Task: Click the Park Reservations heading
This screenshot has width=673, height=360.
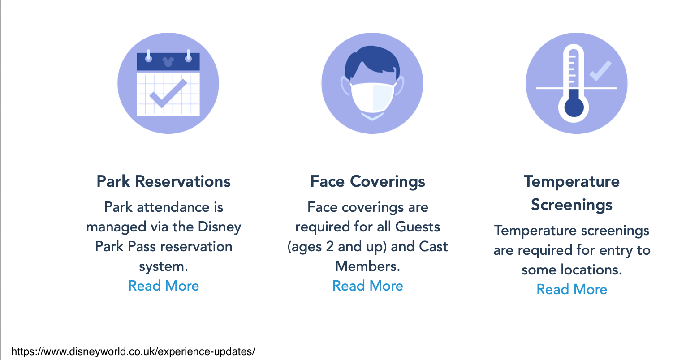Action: tap(164, 181)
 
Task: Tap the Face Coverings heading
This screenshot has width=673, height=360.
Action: tap(367, 182)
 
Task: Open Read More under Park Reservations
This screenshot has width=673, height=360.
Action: tap(164, 286)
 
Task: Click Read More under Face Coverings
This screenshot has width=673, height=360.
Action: tap(367, 286)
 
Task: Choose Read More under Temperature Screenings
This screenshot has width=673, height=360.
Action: tap(572, 289)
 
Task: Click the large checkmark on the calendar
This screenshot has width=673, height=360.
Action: tap(168, 93)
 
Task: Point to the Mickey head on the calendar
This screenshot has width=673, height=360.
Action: tap(168, 62)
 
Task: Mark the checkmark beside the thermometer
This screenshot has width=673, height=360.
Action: tap(600, 71)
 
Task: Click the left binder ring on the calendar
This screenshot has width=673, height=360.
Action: tap(148, 56)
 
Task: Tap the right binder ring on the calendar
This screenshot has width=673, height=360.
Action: tap(188, 56)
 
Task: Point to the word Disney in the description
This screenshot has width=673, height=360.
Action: tap(219, 227)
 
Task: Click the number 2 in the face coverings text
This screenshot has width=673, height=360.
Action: tap(330, 247)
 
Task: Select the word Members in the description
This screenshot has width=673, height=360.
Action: tap(367, 266)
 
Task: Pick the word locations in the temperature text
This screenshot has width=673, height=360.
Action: tap(591, 270)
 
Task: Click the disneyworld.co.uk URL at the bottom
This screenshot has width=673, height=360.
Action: tap(133, 351)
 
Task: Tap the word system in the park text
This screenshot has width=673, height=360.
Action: tap(164, 266)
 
